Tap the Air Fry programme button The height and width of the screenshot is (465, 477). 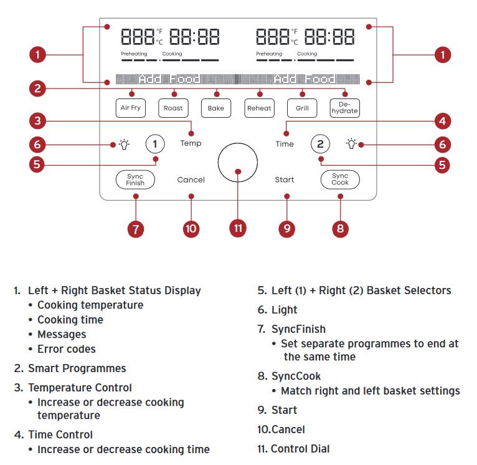[131, 108]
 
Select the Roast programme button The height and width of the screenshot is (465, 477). [173, 108]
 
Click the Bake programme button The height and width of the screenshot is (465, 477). [215, 108]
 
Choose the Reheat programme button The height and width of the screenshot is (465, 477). [259, 108]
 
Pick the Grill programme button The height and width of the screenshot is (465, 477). [301, 108]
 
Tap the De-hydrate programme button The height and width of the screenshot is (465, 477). [344, 108]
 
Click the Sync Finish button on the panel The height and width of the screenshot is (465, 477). [135, 180]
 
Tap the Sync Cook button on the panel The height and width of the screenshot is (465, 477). [340, 180]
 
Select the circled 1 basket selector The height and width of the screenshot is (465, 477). [155, 144]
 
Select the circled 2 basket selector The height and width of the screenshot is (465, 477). [320, 144]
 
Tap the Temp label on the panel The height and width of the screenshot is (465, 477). [191, 143]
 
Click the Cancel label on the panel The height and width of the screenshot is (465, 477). [191, 180]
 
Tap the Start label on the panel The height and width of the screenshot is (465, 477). [285, 180]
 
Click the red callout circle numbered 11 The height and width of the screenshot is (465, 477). [237, 228]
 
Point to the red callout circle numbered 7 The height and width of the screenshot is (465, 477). [135, 228]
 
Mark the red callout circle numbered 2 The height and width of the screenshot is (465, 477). [38, 88]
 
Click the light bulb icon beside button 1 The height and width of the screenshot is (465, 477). [125, 145]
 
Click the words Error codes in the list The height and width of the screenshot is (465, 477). [66, 349]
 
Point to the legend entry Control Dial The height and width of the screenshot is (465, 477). [300, 449]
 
